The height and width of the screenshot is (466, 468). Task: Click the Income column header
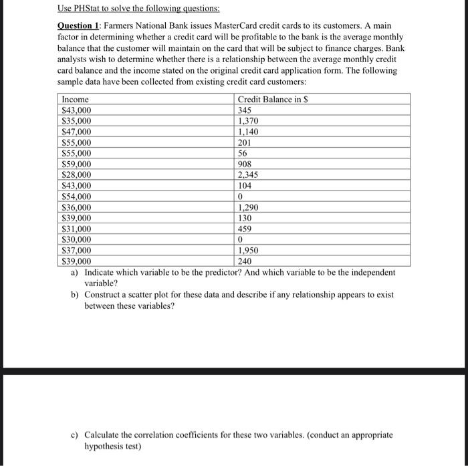tap(74, 100)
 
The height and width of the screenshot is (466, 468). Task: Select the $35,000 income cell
tap(76, 121)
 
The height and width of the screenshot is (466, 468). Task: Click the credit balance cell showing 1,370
tap(249, 121)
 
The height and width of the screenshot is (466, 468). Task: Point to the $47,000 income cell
tap(76, 132)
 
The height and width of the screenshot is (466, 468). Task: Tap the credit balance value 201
tap(245, 142)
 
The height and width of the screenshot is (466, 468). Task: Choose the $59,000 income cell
tap(76, 164)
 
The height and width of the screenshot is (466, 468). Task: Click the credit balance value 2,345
tap(249, 174)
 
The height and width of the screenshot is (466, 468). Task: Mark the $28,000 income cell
tap(76, 174)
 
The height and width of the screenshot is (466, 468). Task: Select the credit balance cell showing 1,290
tap(249, 207)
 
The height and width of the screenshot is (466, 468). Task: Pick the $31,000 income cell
tap(76, 229)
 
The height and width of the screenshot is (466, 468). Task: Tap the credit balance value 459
tap(245, 229)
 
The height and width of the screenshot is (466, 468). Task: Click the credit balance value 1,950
tap(249, 250)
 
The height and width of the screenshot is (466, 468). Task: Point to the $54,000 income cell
tap(76, 197)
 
